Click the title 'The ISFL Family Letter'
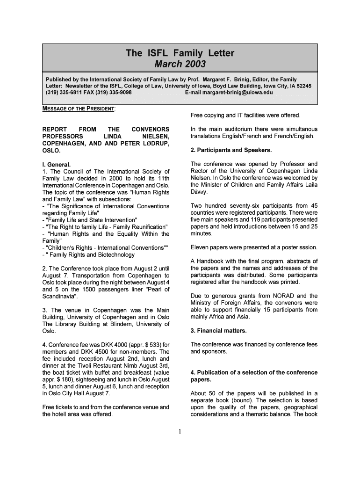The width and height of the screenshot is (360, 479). pyautogui.click(x=180, y=53)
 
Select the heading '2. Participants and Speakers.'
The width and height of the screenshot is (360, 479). pyautogui.click(x=228, y=150)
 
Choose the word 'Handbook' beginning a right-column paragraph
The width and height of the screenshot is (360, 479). pyautogui.click(x=211, y=261)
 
